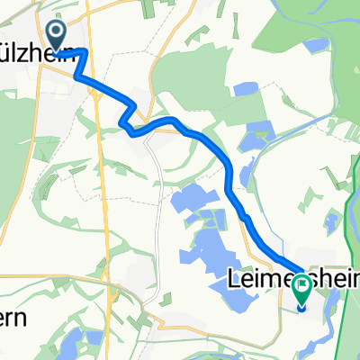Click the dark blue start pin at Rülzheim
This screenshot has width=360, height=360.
pyautogui.click(x=57, y=35)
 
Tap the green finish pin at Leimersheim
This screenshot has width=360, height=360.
pyautogui.click(x=301, y=288)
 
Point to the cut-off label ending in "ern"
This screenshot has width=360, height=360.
pyautogui.click(x=18, y=319)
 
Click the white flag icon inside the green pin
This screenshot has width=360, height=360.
pyautogui.click(x=301, y=287)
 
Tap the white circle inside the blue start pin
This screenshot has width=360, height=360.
pyautogui.click(x=57, y=33)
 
